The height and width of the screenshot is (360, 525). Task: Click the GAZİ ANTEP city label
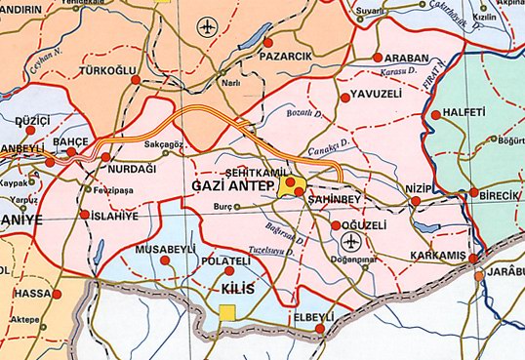point(230,185)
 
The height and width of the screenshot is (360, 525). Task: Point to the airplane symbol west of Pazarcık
point(205,27)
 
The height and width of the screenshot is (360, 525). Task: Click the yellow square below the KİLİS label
point(227,312)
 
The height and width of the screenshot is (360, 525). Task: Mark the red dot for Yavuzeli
point(343,97)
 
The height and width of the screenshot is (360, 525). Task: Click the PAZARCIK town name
point(285,57)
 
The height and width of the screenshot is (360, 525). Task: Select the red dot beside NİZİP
point(417,201)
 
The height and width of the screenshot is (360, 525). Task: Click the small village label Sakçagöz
point(164,142)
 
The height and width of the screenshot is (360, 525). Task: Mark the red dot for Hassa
point(57,293)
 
